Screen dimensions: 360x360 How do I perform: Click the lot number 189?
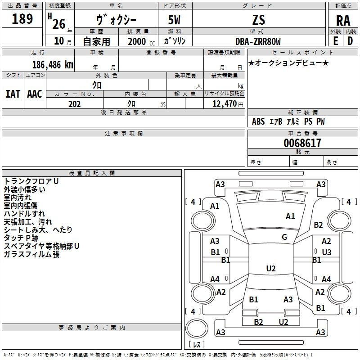click(x=22, y=19)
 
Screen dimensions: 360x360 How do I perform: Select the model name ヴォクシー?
click(x=116, y=20)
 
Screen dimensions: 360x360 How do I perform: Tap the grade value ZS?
click(x=259, y=20)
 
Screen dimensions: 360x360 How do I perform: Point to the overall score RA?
click(x=343, y=21)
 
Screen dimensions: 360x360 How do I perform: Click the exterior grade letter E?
click(x=335, y=40)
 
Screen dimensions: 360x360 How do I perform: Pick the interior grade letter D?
click(x=350, y=40)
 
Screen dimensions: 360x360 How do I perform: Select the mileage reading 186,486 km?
click(x=53, y=64)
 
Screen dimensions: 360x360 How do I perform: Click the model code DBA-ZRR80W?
click(x=258, y=41)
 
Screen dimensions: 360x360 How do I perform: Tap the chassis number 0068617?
click(x=302, y=143)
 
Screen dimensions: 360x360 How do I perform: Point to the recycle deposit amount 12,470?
click(x=224, y=104)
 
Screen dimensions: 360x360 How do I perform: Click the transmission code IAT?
click(x=13, y=94)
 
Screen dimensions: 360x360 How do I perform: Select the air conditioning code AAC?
click(x=35, y=94)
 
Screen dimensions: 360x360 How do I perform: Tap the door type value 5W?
click(x=175, y=20)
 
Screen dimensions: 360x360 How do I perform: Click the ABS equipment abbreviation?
click(x=258, y=121)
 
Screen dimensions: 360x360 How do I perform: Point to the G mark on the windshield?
click(x=284, y=237)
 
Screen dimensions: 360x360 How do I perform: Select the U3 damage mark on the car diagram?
click(x=327, y=252)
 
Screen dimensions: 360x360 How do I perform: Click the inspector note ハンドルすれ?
click(x=24, y=213)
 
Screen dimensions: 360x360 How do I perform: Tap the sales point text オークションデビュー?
click(x=288, y=63)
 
